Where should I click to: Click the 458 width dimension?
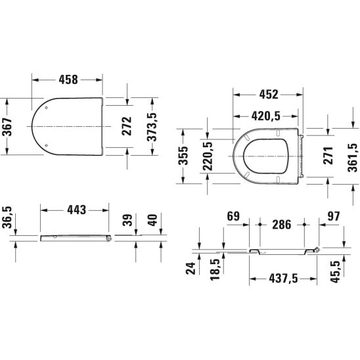coord(68,79)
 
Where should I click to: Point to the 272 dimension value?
coord(127,126)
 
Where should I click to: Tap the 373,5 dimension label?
coord(152,127)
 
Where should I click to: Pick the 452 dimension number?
coord(269,95)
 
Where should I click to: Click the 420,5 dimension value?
coord(266,116)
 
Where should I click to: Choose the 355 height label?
coord(183,156)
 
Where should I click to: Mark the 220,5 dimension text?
coord(208,156)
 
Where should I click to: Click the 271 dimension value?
coord(328,156)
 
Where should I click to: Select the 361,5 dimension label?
coord(353,158)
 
